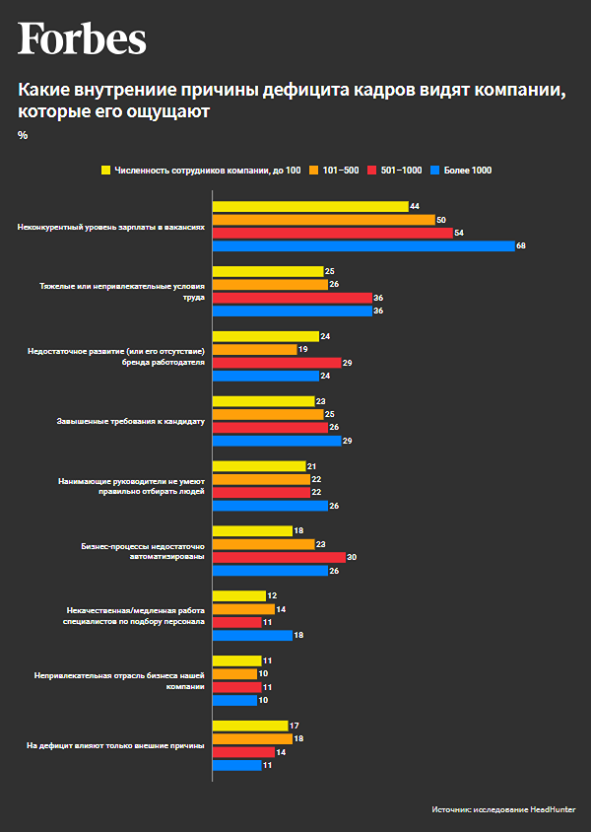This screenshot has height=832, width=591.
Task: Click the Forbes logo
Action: tap(82, 39)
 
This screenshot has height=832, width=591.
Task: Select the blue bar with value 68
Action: tap(363, 245)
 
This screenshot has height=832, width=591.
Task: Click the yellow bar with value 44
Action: tap(310, 206)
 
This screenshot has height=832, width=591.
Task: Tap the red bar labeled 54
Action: tap(332, 233)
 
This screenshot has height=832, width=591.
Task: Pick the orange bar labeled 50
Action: tap(323, 219)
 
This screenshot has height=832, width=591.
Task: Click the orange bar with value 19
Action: tap(254, 349)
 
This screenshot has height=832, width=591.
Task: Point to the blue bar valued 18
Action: tap(252, 635)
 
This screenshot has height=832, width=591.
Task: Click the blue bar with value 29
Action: tap(276, 441)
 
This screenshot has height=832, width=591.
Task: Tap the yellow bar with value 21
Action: tap(259, 466)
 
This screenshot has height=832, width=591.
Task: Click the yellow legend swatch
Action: tap(105, 171)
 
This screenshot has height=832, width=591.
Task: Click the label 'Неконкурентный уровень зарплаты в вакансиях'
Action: tap(111, 226)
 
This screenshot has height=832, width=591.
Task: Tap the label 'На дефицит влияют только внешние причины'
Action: tap(115, 745)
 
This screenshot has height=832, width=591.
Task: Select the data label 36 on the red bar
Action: tap(378, 298)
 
